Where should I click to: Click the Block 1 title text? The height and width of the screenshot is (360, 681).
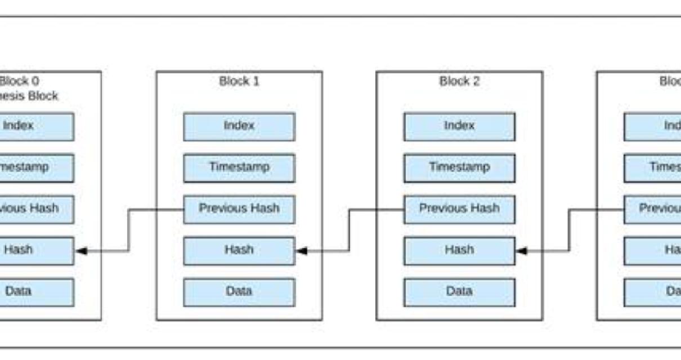239,81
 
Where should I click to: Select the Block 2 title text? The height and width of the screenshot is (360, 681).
459,81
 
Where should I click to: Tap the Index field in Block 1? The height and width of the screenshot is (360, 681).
239,126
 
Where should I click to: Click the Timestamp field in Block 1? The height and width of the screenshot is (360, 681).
239,168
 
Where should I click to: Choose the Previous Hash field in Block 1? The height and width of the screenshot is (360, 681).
239,209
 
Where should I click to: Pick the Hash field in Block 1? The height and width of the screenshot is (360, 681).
239,250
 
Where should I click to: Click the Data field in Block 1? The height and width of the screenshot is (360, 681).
239,292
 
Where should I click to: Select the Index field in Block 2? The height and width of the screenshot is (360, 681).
459,126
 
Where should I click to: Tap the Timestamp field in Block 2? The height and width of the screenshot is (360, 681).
459,168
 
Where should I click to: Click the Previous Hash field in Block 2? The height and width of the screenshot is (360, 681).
459,209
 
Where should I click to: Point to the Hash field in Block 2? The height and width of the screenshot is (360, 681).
459,250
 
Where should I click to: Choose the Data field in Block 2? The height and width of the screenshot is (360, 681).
459,292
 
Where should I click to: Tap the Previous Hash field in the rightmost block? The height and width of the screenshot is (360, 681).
653,209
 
